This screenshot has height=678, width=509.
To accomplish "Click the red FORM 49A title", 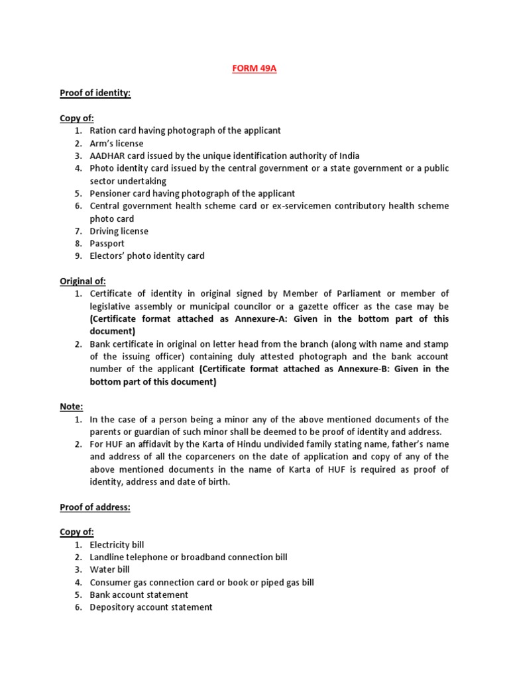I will (x=254, y=69).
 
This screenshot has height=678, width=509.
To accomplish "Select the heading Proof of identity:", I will (x=95, y=93).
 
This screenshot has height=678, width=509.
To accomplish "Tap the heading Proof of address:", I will (x=95, y=507).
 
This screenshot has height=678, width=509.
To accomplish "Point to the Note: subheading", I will (x=72, y=407).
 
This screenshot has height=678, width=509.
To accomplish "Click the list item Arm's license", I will (x=117, y=144).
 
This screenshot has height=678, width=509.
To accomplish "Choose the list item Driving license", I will (x=119, y=231).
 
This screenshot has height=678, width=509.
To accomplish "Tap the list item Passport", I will (x=107, y=244).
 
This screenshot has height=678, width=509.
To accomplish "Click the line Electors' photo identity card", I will (x=147, y=256).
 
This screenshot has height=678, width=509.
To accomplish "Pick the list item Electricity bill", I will (x=117, y=545).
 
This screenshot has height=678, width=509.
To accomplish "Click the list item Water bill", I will (x=110, y=570).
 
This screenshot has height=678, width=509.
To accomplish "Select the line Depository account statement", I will (x=151, y=607).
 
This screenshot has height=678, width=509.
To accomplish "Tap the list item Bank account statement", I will (x=139, y=595).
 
